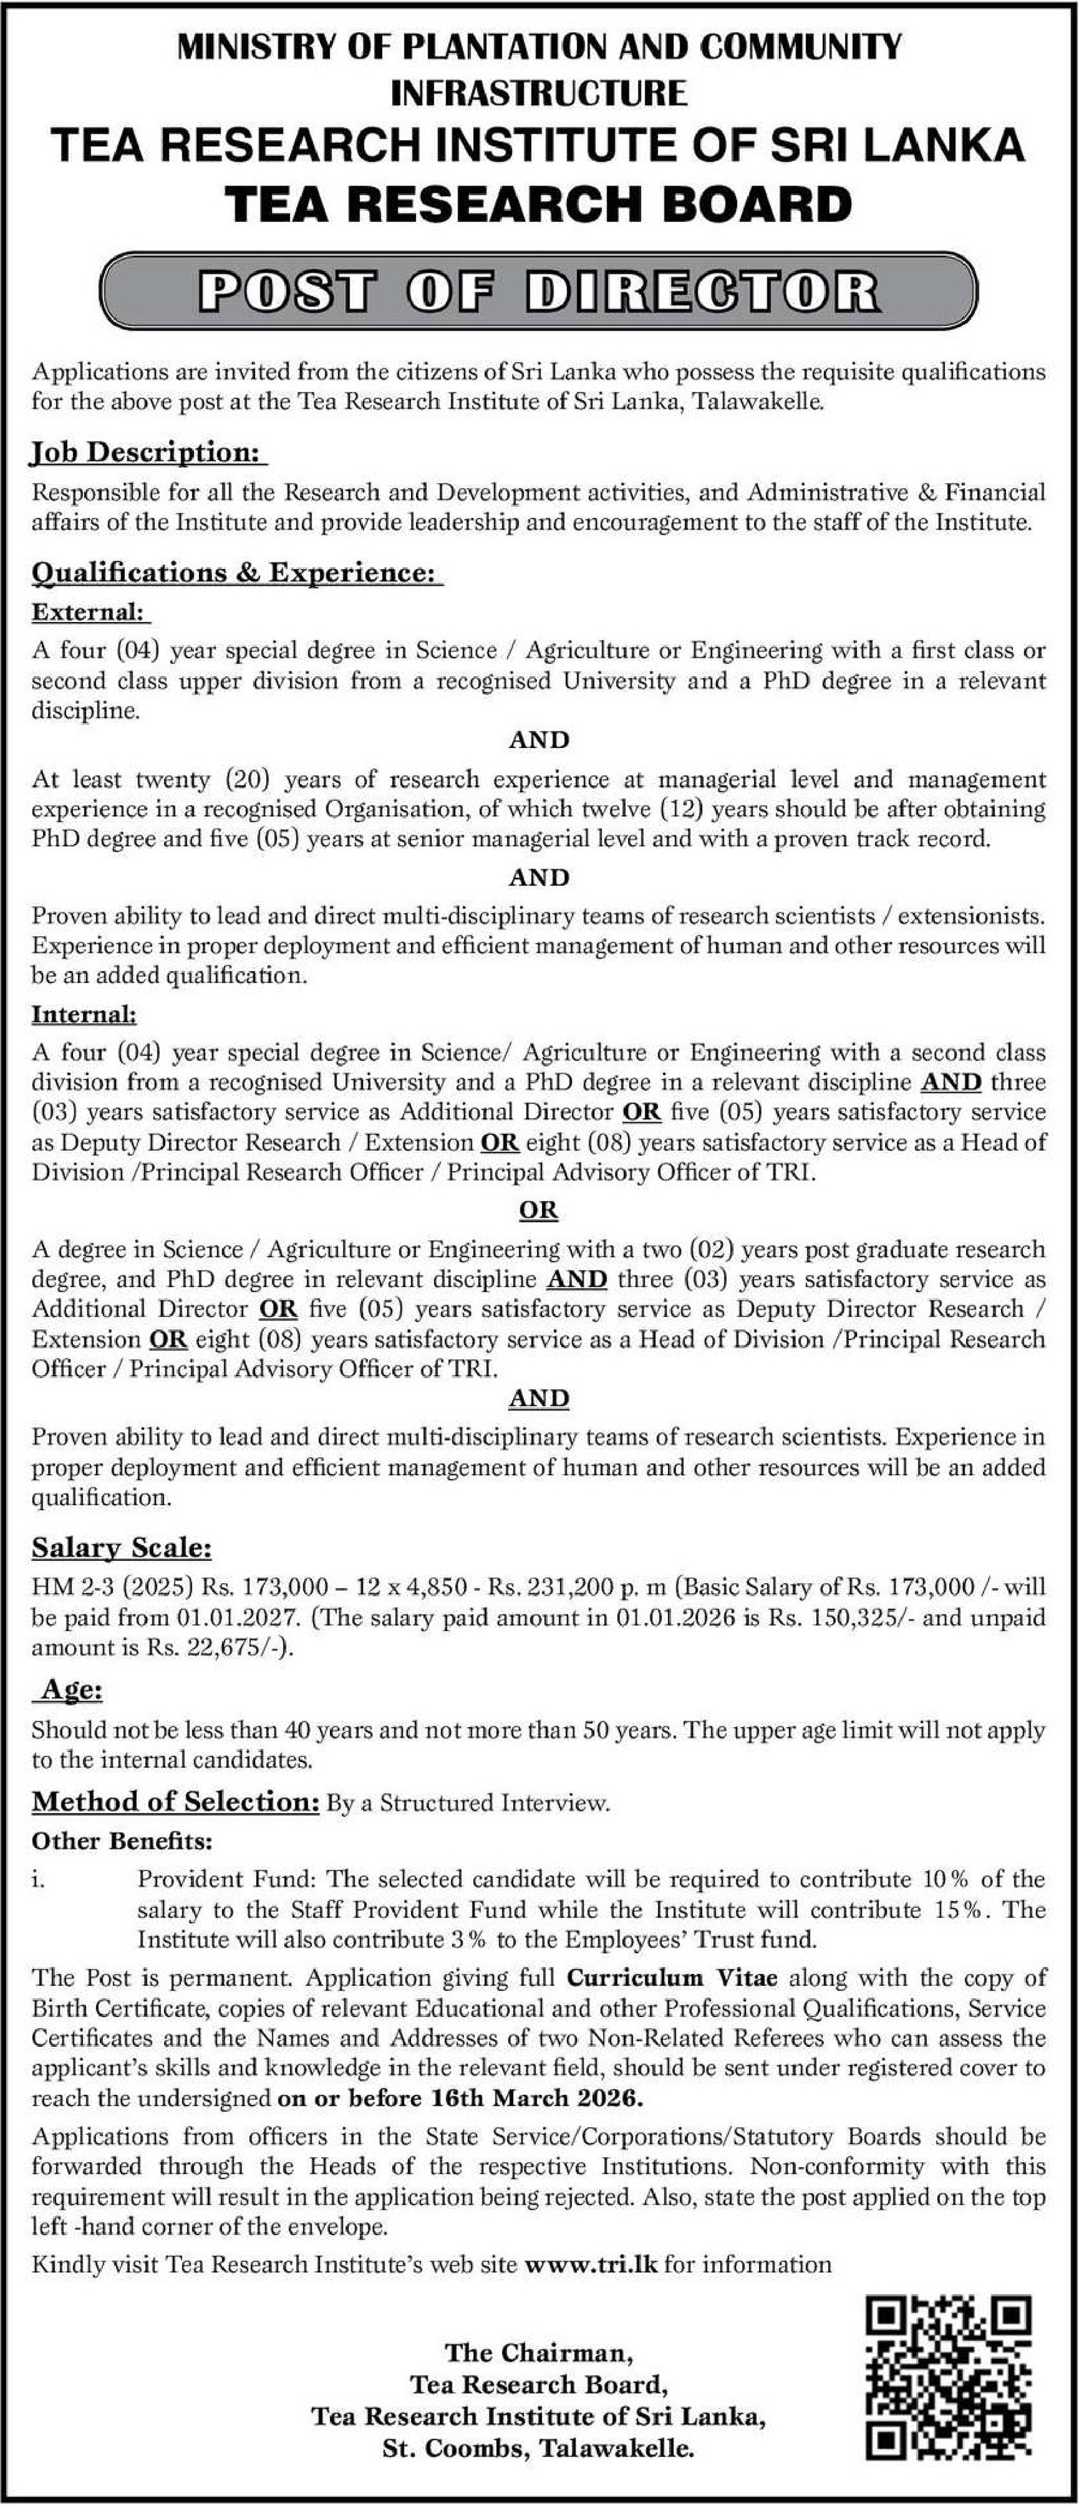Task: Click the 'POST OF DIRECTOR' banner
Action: pyautogui.click(x=539, y=291)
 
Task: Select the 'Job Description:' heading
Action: pyautogui.click(x=148, y=452)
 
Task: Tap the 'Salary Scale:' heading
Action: pyautogui.click(x=121, y=1547)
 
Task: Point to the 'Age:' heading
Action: pyautogui.click(x=71, y=1689)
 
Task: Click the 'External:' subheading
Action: pyautogui.click(x=89, y=612)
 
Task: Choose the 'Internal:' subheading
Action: pyautogui.click(x=84, y=1014)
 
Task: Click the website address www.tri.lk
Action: pyautogui.click(x=591, y=2264)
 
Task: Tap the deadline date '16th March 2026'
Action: pyautogui.click(x=536, y=2098)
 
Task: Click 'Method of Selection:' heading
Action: pyautogui.click(x=175, y=1802)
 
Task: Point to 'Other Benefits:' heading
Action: pyautogui.click(x=122, y=1841)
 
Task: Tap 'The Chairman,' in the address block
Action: pyautogui.click(x=539, y=2353)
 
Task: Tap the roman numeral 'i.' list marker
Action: pyautogui.click(x=38, y=1879)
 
